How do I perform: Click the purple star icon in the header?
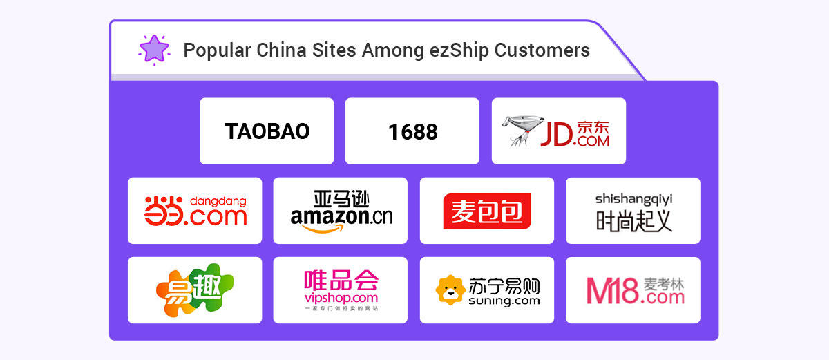click(154, 50)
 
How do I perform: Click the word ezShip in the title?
click(459, 50)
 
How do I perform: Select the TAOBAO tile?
click(267, 131)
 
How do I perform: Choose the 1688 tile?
click(412, 131)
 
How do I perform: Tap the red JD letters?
click(556, 135)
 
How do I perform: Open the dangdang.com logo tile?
click(195, 211)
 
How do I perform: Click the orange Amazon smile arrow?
click(323, 229)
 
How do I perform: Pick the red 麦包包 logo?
click(487, 211)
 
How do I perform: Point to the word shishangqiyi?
click(633, 200)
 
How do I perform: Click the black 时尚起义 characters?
click(633, 221)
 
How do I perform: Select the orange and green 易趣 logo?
click(195, 290)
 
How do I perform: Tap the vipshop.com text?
click(341, 298)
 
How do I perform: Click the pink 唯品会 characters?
click(341, 280)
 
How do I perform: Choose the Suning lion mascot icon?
click(450, 290)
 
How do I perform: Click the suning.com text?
click(504, 301)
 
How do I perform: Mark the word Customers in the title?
click(542, 50)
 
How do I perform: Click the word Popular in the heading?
click(217, 50)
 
